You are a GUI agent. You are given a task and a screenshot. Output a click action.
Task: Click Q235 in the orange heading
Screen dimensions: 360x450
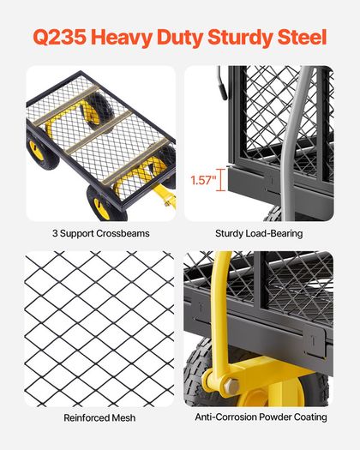point(60,38)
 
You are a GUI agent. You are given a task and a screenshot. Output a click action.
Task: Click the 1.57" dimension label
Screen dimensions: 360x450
point(203,180)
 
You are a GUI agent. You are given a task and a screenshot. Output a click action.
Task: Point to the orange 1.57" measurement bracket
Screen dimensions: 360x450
point(221,180)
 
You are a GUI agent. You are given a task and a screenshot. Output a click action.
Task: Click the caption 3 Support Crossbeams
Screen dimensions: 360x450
point(101,233)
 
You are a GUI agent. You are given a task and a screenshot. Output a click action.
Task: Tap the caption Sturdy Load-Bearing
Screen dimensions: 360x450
point(259,233)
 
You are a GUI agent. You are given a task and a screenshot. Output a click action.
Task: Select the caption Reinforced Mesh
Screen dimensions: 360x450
point(99,417)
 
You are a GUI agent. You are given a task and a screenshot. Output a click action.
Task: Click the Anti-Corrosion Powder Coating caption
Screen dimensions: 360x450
point(261,417)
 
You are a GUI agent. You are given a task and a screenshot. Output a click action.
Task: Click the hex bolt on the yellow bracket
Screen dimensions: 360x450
point(231,386)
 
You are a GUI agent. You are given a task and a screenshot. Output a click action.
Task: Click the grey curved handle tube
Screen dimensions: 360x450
point(293,143)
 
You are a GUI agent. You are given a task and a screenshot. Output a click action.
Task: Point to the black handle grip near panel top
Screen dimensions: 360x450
point(222,83)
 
